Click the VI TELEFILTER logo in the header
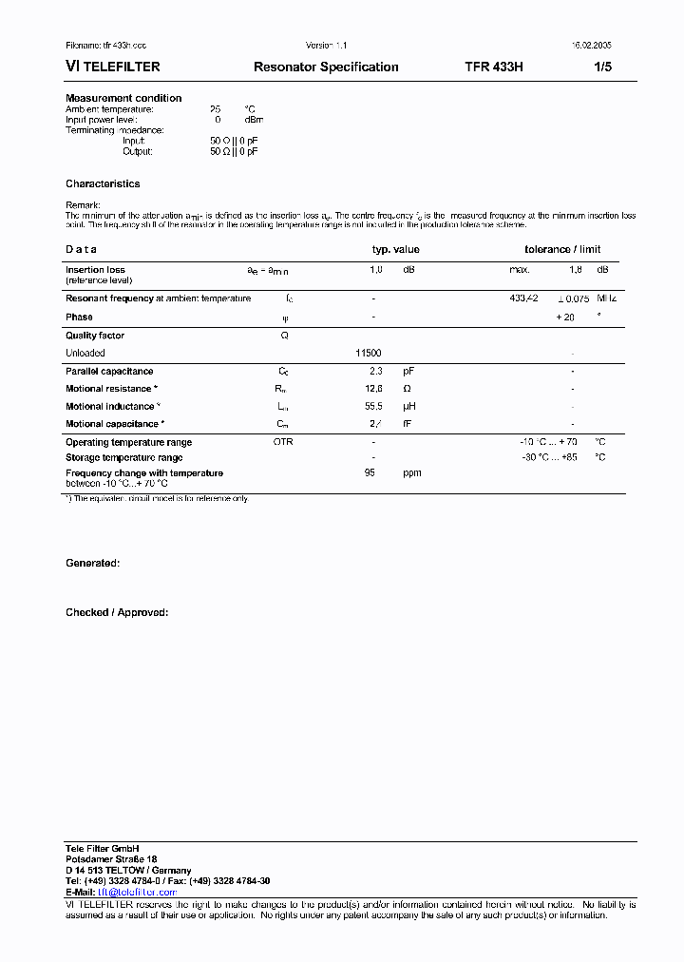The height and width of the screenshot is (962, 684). coord(112,67)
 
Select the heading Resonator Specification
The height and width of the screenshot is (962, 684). coord(326,67)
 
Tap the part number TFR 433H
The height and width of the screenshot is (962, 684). coord(493,67)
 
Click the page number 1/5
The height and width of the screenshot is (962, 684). coord(602,67)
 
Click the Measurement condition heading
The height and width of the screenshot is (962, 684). coord(123,98)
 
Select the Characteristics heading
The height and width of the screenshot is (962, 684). coord(103,184)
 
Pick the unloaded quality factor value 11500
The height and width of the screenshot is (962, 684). coord(368,353)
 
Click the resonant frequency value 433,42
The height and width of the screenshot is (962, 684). coord(523,298)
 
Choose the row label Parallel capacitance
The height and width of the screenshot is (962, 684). coord(109,372)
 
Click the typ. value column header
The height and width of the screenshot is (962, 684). coord(395,250)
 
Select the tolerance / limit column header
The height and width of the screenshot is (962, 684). coord(562,250)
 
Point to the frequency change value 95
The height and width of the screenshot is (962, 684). coord(370,472)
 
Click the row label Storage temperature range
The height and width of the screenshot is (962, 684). coord(123,457)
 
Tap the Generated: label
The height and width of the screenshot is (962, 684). coord(92,564)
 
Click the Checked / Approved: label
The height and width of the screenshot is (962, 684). coord(117,613)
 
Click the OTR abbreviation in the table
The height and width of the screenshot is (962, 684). coord(283,442)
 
